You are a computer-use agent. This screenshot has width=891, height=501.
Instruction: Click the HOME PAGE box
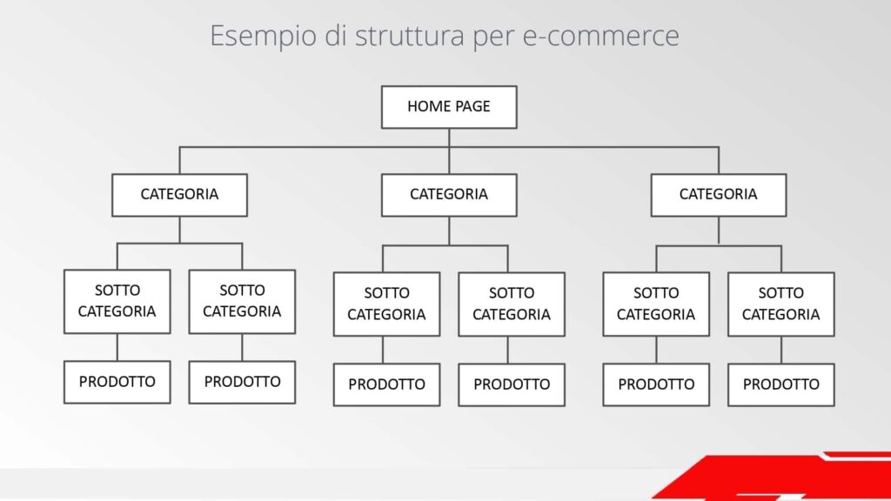[x=449, y=107]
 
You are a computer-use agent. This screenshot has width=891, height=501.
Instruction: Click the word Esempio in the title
[x=263, y=37]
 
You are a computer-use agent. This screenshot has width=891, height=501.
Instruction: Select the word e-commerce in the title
[x=600, y=36]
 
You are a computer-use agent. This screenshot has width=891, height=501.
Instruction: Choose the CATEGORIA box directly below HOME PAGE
[x=449, y=195]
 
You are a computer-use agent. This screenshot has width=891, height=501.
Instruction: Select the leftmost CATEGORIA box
[x=179, y=195]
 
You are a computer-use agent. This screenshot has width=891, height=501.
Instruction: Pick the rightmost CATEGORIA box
[x=718, y=195]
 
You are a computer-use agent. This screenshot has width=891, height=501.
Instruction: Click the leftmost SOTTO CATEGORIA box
[x=117, y=301]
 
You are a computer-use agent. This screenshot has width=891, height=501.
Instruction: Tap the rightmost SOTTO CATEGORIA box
[x=780, y=304]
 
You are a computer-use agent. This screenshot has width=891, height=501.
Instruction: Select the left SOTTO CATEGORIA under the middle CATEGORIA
[x=386, y=304]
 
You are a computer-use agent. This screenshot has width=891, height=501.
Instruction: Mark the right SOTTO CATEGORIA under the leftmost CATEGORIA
[x=242, y=301]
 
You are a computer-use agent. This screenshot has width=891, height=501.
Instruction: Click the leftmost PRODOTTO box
[x=117, y=382]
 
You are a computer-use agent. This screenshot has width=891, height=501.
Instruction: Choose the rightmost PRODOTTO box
[x=780, y=384]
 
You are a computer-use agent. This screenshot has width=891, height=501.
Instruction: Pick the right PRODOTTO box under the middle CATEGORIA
[x=512, y=384]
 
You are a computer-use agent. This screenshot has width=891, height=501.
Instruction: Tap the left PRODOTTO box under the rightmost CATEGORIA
[x=656, y=384]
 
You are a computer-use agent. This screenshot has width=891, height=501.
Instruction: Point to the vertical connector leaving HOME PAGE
[x=449, y=151]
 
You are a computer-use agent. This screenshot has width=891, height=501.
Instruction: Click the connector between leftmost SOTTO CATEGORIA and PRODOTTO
[x=117, y=347]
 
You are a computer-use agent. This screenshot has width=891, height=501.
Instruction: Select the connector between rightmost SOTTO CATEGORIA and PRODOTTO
[x=780, y=350]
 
